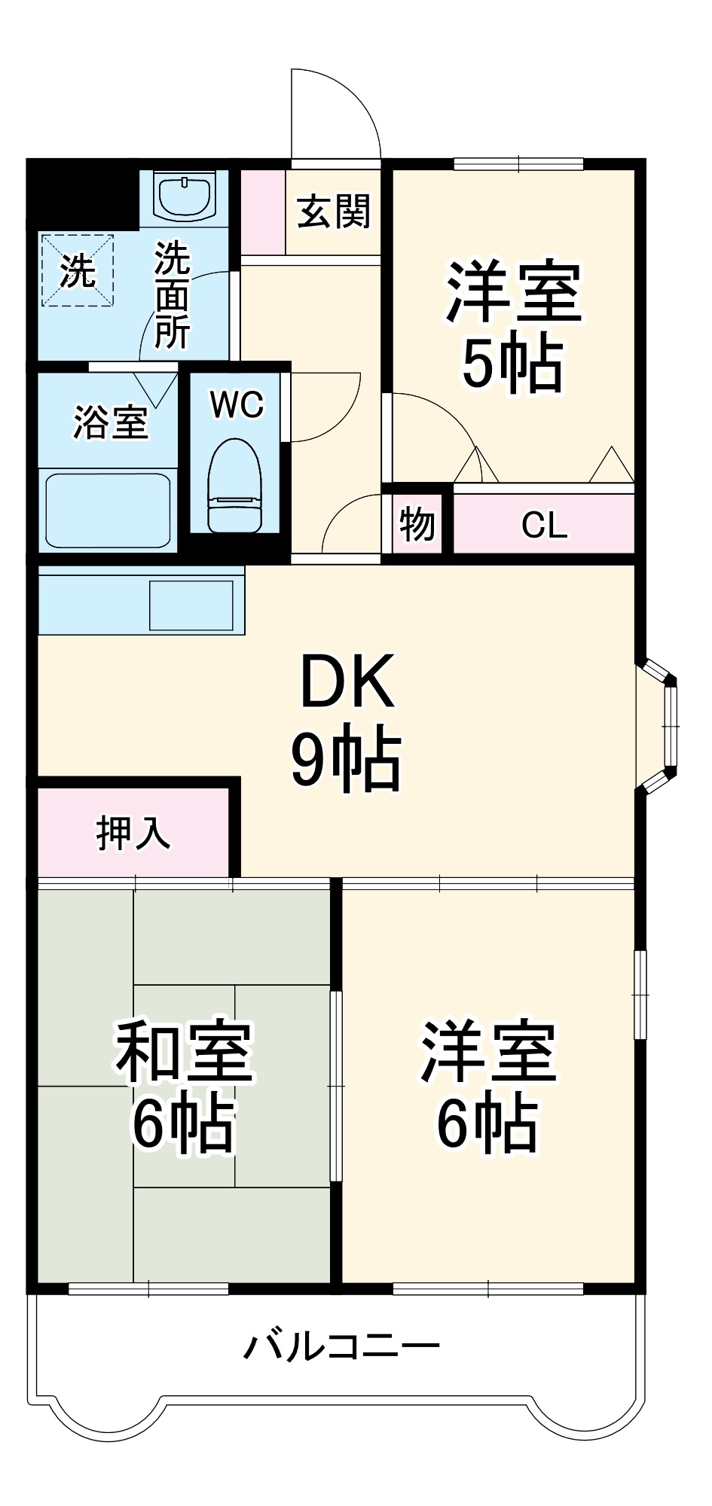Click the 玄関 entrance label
click(333, 212)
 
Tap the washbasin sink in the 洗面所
click(185, 195)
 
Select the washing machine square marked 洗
click(77, 270)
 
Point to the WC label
click(237, 405)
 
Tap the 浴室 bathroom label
click(110, 422)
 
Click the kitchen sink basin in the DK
click(191, 604)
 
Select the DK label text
click(347, 682)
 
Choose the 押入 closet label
click(133, 833)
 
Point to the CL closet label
click(544, 525)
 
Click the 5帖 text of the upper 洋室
click(512, 364)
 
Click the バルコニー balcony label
click(341, 1346)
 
